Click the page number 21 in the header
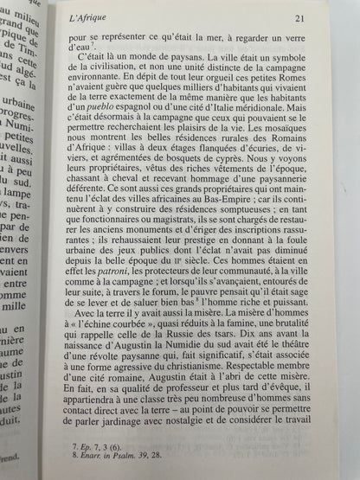[x=321, y=20]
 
